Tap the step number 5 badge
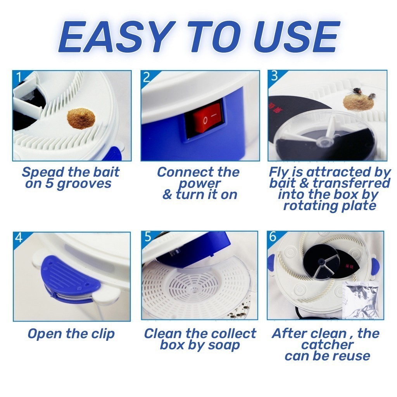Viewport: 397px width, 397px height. click(x=148, y=237)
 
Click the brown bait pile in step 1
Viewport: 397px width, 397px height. click(x=81, y=119)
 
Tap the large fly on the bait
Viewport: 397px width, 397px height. click(x=357, y=91)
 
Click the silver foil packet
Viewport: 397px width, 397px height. click(x=361, y=300)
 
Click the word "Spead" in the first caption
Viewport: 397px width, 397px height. click(x=43, y=173)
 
